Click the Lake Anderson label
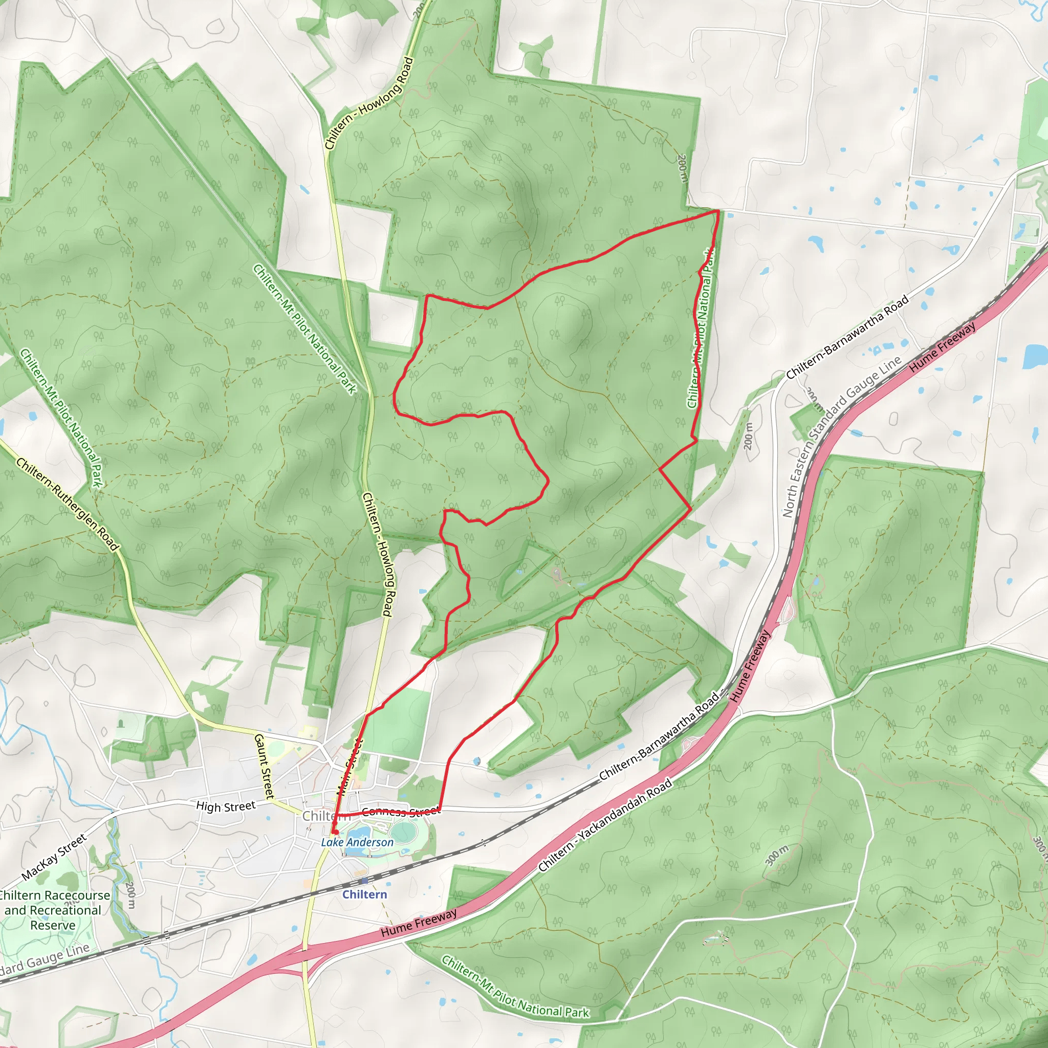point(357,842)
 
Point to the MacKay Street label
point(54,857)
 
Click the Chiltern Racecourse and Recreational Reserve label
point(53,910)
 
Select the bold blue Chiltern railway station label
point(364,894)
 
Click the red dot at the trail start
point(335,832)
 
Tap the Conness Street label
point(401,812)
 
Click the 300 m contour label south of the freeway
point(777,856)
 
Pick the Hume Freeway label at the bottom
point(418,923)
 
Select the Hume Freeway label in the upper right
point(943,347)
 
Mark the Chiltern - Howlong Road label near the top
point(369,103)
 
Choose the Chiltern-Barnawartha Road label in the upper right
point(847,337)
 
